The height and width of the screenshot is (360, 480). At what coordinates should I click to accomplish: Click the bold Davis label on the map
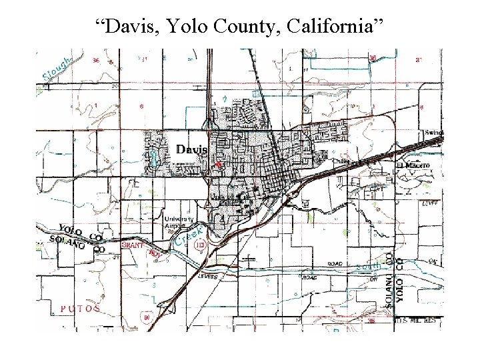click(192, 149)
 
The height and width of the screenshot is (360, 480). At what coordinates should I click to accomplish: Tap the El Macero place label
click(413, 165)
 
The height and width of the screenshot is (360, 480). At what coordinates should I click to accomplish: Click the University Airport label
click(180, 223)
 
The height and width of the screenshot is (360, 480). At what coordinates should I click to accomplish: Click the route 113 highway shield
click(199, 245)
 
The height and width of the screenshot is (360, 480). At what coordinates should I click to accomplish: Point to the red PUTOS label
click(81, 309)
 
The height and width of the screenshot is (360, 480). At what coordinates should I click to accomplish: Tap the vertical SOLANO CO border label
click(391, 277)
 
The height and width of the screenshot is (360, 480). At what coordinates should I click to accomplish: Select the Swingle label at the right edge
click(433, 133)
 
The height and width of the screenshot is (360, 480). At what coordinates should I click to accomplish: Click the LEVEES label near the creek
click(207, 275)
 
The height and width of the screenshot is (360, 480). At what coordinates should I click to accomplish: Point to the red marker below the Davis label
click(217, 164)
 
